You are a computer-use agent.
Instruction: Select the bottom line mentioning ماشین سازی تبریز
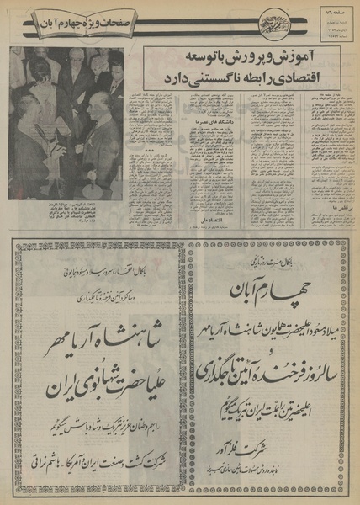[266, 465]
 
